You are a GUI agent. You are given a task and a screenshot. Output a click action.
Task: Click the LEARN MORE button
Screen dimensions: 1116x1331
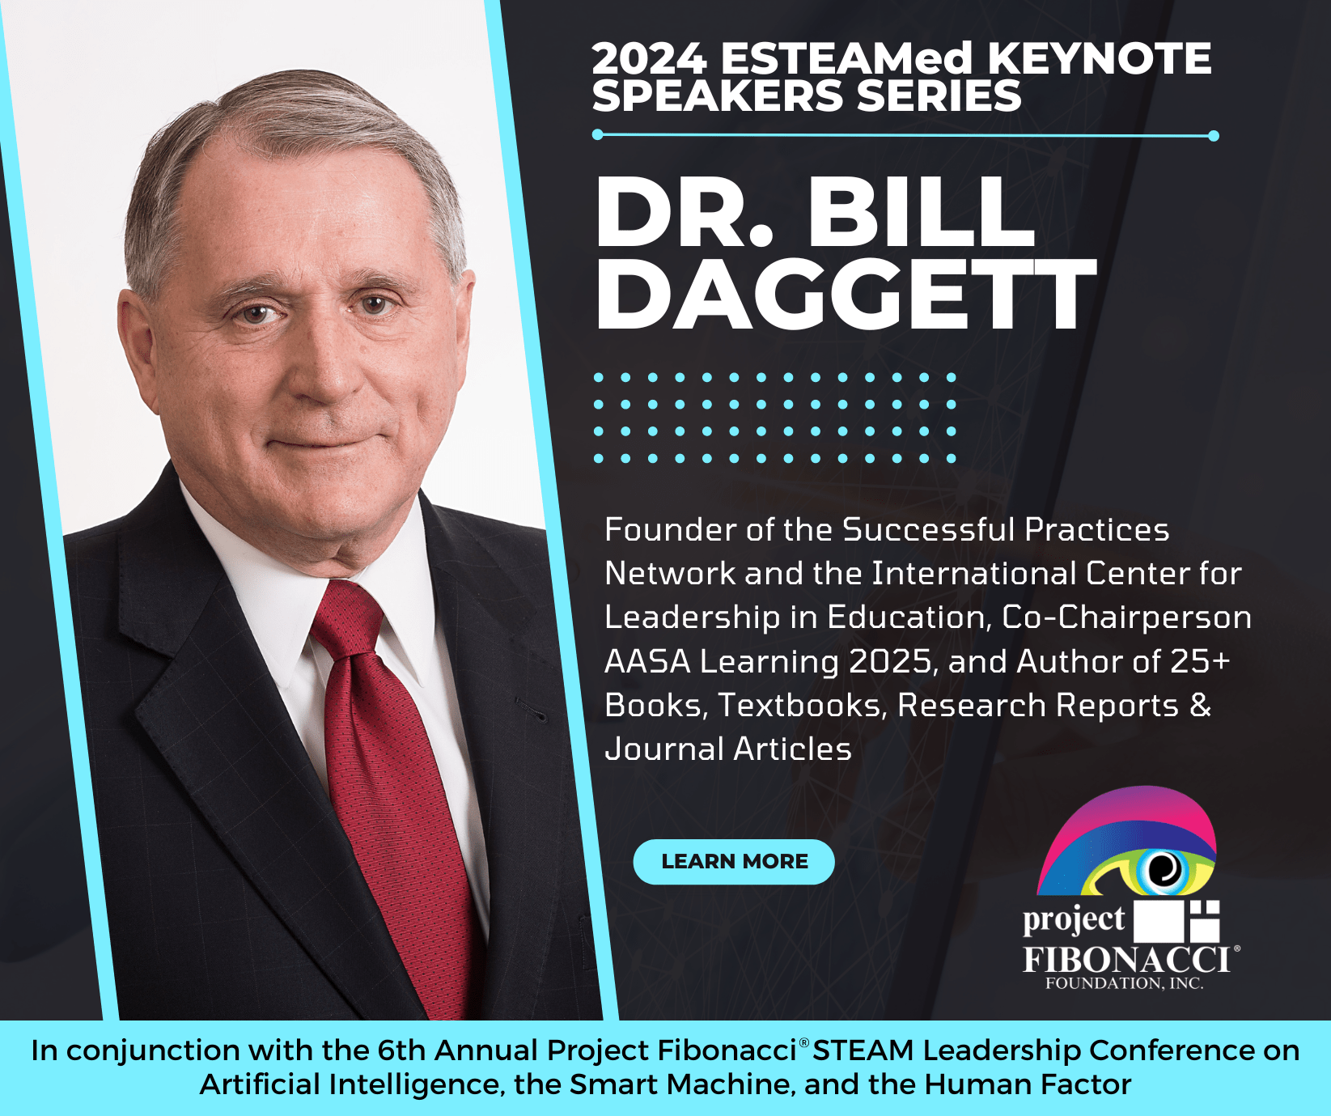734,862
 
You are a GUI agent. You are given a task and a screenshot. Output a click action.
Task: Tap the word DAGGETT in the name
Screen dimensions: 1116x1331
846,295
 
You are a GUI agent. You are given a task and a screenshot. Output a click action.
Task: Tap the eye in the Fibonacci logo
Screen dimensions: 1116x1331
1164,870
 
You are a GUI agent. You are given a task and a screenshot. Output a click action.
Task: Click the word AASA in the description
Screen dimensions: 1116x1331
646,662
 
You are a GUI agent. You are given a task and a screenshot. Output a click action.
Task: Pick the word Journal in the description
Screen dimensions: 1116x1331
664,749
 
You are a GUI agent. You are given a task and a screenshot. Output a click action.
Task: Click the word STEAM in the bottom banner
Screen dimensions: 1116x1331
863,1050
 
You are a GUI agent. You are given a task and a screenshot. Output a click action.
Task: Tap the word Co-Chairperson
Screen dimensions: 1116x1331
1126,617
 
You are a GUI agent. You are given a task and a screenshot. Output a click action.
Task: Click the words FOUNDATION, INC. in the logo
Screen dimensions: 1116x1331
1124,984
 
